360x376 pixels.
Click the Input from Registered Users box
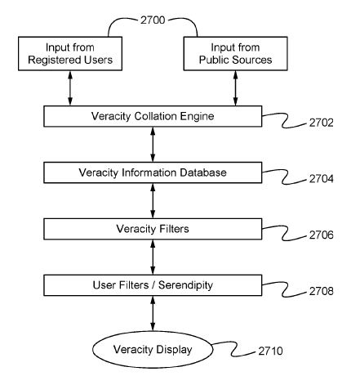coord(70,54)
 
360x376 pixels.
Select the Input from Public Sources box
coord(235,54)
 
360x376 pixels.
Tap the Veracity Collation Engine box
coord(153,116)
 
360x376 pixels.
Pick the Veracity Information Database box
coord(153,172)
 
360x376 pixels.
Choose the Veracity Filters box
coord(153,229)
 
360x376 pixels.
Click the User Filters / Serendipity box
coord(153,285)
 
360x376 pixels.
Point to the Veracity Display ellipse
coord(153,350)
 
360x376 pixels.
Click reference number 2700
coord(153,20)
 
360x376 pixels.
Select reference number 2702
coord(321,123)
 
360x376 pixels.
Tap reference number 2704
coord(321,179)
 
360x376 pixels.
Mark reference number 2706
coord(321,235)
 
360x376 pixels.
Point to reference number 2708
coord(321,291)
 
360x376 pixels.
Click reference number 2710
coord(270,351)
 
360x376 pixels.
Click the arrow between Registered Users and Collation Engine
coord(70,88)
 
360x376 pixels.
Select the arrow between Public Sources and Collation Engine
coord(235,88)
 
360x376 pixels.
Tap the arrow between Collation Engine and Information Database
coord(153,145)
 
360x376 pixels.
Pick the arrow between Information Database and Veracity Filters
coord(153,201)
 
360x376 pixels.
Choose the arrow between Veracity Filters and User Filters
coord(153,257)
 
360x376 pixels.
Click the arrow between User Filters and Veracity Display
coord(153,313)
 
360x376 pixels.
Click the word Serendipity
coord(185,285)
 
